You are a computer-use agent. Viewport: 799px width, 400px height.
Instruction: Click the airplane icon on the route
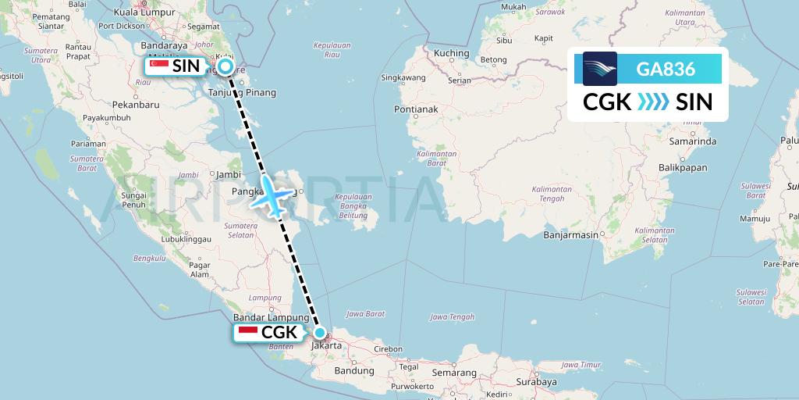click(270, 195)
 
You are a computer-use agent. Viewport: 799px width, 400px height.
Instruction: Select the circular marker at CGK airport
click(319, 332)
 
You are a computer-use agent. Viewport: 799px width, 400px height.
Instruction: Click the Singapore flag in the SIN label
click(160, 67)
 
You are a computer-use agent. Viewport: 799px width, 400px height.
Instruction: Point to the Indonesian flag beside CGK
click(248, 333)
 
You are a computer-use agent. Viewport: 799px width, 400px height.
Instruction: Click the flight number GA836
click(666, 69)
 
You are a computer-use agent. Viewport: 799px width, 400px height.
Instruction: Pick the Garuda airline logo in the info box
click(600, 69)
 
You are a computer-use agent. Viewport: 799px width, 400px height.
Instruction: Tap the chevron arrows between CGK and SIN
click(653, 102)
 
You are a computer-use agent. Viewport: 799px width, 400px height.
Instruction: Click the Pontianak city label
click(416, 109)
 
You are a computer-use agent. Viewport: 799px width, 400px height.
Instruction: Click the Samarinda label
click(693, 141)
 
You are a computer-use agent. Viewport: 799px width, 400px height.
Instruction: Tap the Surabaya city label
click(536, 382)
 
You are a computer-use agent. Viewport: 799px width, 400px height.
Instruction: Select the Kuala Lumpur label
click(145, 12)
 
